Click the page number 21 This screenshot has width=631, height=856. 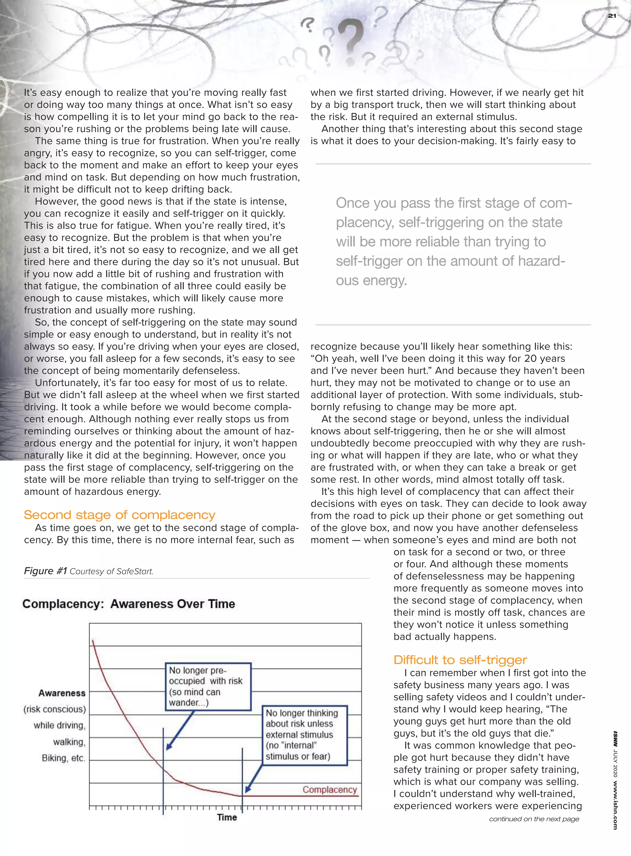tap(612, 16)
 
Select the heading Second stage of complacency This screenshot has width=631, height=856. tap(119, 515)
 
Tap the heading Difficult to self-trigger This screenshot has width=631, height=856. tap(460, 660)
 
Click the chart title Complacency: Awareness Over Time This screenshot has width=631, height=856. tap(129, 604)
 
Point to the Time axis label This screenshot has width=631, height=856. tap(227, 817)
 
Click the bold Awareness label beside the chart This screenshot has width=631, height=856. tap(62, 693)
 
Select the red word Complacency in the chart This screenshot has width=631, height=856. tap(330, 789)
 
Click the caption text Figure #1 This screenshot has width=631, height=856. tap(46, 571)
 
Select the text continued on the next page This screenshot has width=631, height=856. tap(534, 819)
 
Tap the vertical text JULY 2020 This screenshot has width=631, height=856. tap(615, 763)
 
